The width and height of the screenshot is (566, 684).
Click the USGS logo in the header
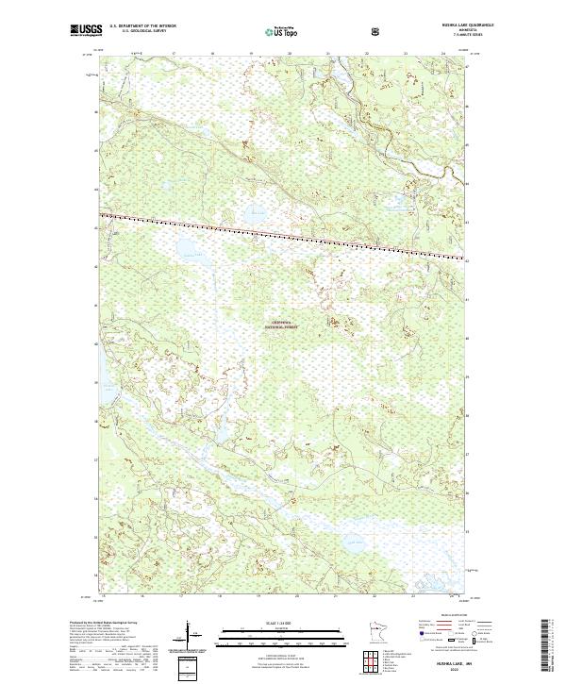point(86,31)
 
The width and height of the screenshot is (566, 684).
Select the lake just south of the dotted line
point(186,251)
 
